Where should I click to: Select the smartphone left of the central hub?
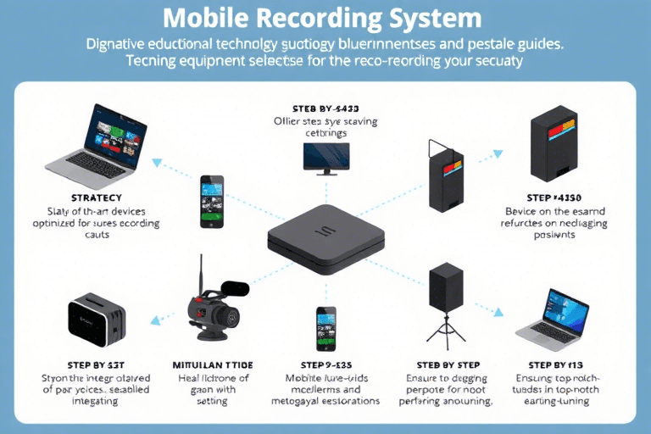pos(212,201)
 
